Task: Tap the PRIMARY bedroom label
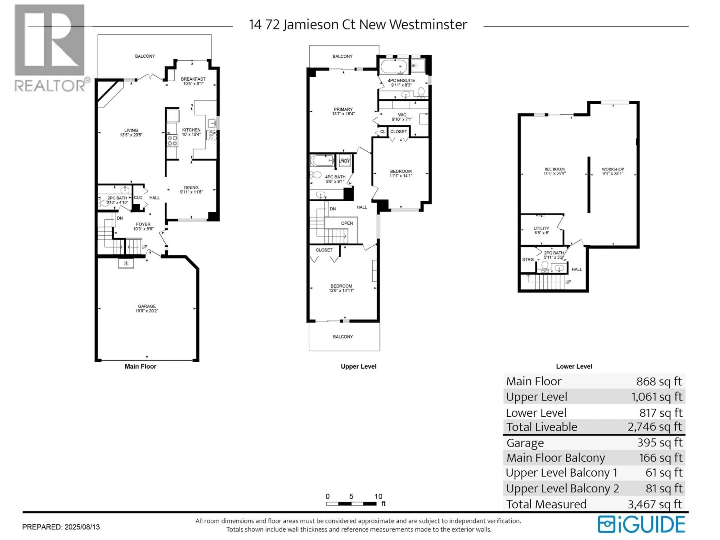point(343,109)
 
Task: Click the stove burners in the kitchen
point(172,141)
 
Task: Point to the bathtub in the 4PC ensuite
point(394,67)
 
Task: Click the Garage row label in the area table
point(525,443)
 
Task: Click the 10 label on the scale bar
point(378,496)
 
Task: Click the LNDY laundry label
point(344,161)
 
